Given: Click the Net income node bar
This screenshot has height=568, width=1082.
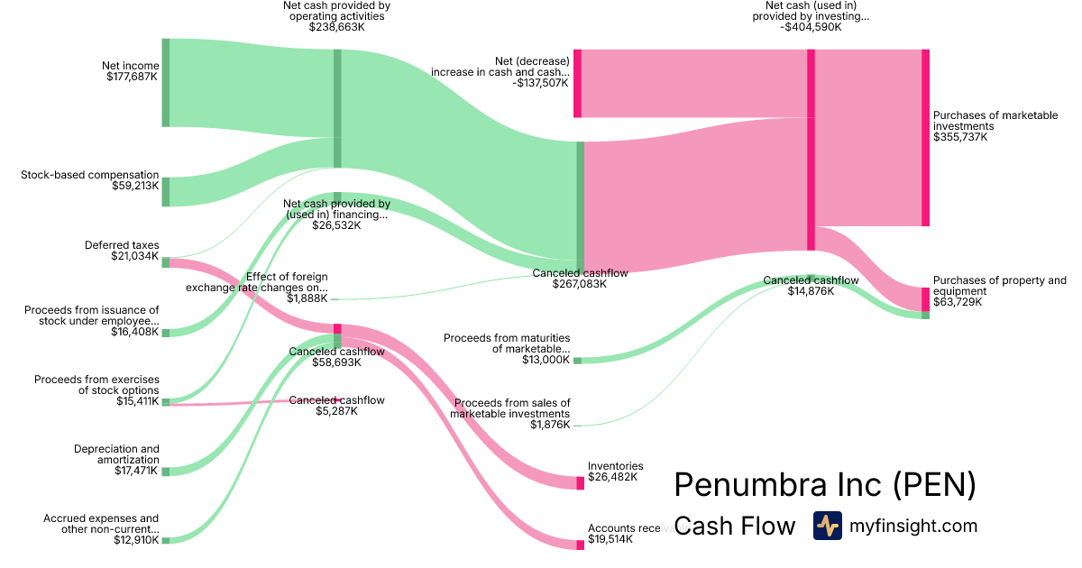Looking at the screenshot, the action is coord(166,83).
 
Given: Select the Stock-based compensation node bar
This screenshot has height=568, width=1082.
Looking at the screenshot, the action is coord(166,192).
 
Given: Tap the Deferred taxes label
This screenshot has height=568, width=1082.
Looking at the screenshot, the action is coord(122,244).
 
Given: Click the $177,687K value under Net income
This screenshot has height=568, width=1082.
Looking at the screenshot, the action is coord(132,77).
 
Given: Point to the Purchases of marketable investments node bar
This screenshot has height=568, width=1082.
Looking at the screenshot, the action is coord(925,138).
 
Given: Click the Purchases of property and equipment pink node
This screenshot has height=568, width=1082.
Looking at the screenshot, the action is coord(925,298).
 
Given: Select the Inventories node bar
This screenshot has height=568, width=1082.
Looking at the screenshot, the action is coord(580,483).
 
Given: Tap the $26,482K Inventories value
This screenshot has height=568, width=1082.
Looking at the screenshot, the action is coord(612,477).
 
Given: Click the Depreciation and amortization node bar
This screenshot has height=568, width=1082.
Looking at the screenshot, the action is coord(166,471).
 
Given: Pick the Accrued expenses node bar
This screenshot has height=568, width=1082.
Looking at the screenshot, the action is coord(166,540).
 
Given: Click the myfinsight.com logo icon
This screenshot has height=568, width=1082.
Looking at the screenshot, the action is coord(827,526).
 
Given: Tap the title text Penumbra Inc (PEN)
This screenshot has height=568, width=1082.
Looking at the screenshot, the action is coord(825,484).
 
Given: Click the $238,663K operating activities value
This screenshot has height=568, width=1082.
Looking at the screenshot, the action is coord(336,28).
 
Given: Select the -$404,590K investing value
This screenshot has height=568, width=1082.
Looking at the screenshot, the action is coord(811,28).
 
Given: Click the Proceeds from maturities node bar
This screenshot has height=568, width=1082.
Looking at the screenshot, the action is coord(578,361).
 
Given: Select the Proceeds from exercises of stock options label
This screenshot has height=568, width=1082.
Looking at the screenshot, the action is coord(96,385).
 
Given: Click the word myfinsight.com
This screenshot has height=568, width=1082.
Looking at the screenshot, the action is coord(912,526).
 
